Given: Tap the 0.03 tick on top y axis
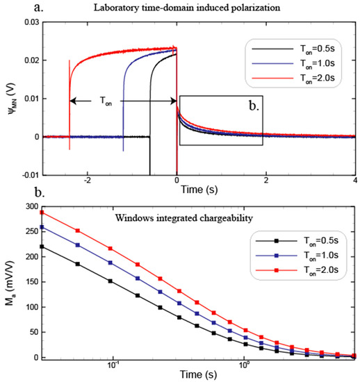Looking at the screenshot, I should pyautogui.click(x=30, y=23).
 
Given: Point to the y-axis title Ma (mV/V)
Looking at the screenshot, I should pyautogui.click(x=9, y=282).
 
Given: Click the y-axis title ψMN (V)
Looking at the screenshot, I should pyautogui.click(x=9, y=99).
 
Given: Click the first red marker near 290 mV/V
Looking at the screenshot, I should pyautogui.click(x=43, y=212).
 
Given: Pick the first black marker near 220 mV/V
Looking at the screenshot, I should pyautogui.click(x=43, y=247).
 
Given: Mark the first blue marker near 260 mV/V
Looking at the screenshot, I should pyautogui.click(x=43, y=226).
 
